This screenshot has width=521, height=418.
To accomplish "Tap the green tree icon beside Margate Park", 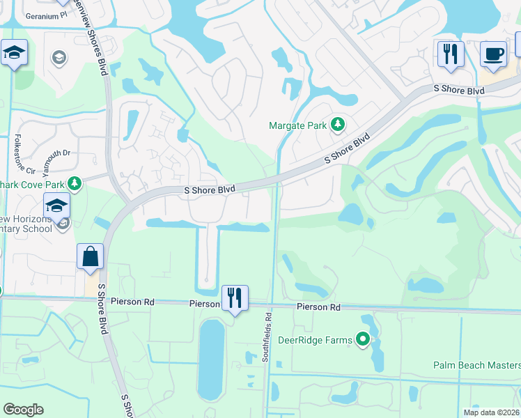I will pos(338,125).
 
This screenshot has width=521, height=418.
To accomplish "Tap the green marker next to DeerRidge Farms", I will pos(363,340).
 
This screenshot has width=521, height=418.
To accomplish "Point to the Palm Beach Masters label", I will pos(476,365).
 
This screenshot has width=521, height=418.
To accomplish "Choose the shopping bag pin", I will pos(91,256).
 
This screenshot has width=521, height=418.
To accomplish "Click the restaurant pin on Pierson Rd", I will pos(235,298).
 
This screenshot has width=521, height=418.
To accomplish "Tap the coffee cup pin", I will pos(493,54).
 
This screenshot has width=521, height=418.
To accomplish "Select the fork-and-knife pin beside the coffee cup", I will pos(451,54).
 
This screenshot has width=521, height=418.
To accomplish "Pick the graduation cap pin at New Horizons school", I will pos(56,206).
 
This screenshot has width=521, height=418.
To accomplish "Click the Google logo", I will pos(23,410).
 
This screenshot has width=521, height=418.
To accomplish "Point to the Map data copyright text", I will pos(491,412).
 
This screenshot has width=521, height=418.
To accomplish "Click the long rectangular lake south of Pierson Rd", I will pos(211,359).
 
